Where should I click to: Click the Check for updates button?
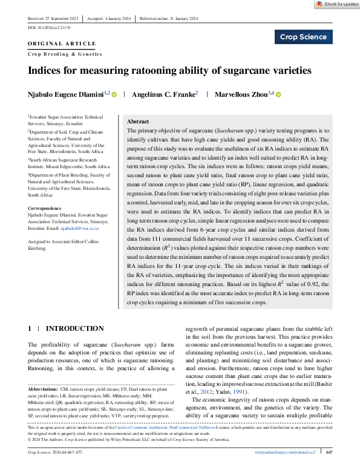[337, 4]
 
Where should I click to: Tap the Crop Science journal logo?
[304, 37]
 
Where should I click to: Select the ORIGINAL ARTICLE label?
[62, 44]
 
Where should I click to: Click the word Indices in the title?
[47, 70]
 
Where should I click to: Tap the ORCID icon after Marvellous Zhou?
[279, 94]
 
